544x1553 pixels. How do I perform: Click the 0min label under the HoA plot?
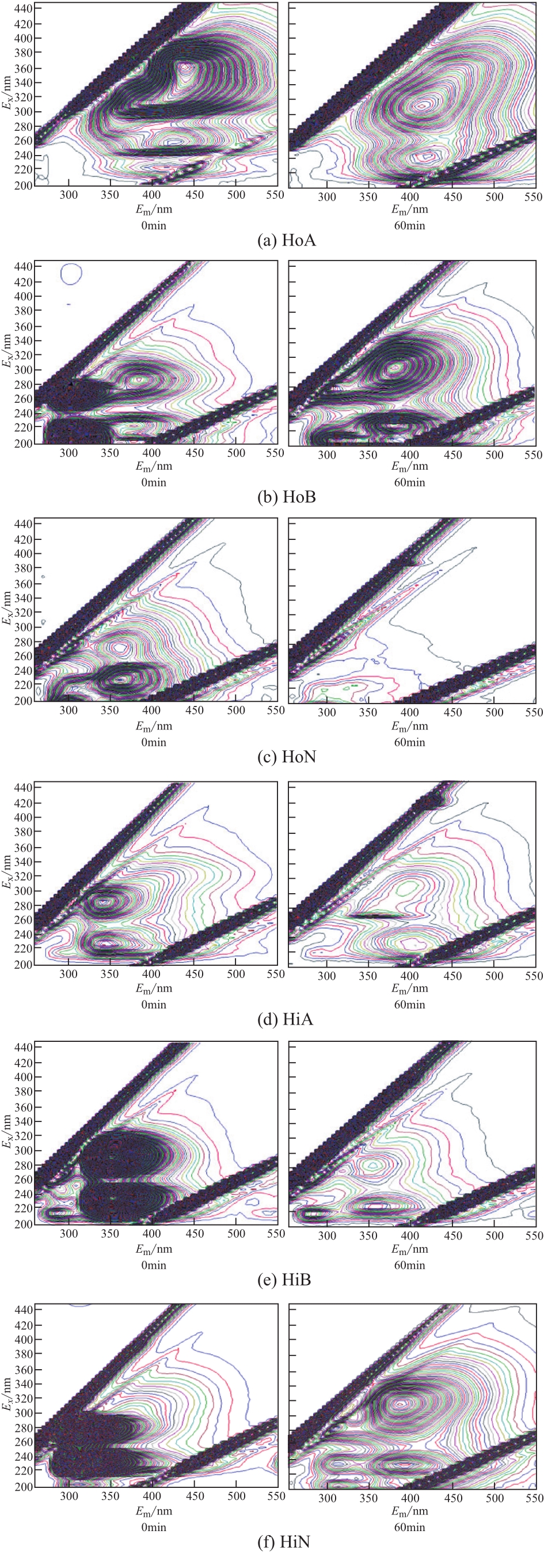pos(154,225)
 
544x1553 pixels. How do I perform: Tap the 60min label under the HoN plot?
pos(410,742)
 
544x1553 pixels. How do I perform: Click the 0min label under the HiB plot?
pos(154,1265)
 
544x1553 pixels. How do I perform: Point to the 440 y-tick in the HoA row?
pos(24,9)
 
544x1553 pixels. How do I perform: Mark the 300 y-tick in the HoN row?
pos(24,627)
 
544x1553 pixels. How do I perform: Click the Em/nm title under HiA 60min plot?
pos(410,988)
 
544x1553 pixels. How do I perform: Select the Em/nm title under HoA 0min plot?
pos(154,210)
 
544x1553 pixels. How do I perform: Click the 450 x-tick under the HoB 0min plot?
pos(195,454)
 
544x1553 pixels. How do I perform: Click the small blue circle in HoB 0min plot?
pos(71,274)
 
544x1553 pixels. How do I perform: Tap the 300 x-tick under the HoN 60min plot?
pos(327,712)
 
